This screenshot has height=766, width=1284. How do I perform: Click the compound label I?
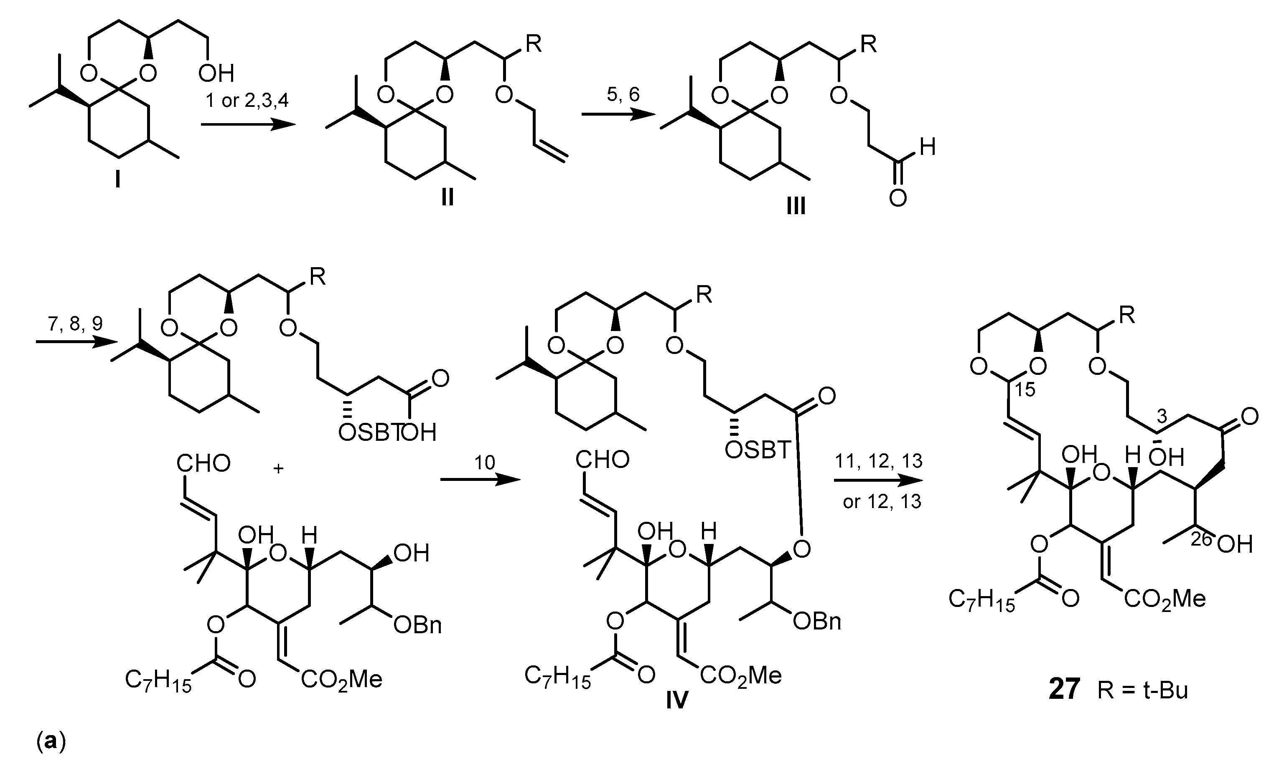point(118,181)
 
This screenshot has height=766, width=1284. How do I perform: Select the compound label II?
point(447,197)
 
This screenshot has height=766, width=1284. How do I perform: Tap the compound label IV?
point(676,700)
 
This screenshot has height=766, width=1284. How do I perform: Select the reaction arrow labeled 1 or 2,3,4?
point(248,124)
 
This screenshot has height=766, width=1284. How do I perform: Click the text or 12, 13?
point(882,501)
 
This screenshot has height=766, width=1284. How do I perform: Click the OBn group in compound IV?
point(817,622)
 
